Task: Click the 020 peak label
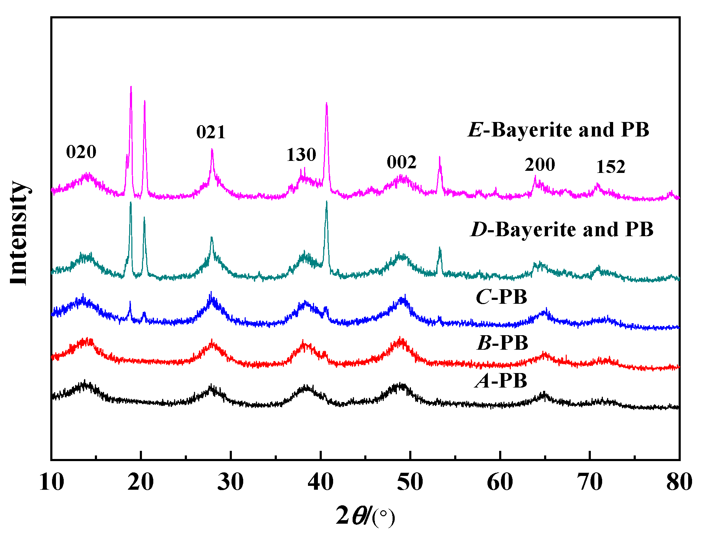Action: (81, 152)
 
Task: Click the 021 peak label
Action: (211, 132)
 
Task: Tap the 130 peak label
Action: (301, 155)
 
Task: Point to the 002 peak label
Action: (401, 162)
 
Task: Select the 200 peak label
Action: (539, 164)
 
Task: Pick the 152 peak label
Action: (611, 167)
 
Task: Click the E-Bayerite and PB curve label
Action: (559, 130)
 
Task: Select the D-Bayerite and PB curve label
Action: (562, 229)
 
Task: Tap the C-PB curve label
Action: (501, 297)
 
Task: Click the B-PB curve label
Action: (503, 343)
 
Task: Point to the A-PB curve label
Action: (501, 381)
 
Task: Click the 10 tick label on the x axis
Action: (52, 482)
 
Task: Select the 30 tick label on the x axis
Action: (231, 482)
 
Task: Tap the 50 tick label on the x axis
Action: (410, 482)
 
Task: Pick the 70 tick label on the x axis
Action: (590, 482)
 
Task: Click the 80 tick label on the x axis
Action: (679, 482)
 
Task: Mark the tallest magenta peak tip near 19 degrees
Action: (131, 87)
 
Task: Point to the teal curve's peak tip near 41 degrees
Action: (326, 202)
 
